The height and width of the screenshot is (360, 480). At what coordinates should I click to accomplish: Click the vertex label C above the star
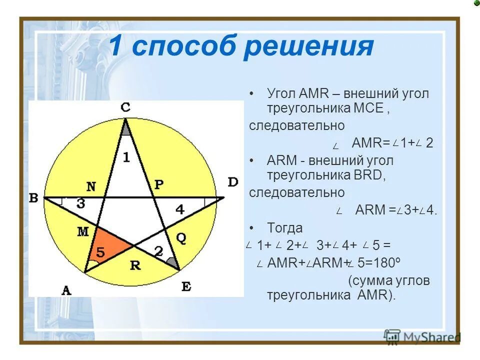coord(125,107)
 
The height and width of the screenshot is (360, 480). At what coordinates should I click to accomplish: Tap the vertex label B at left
coord(33,198)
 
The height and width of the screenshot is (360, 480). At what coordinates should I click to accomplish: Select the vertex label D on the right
coord(233,183)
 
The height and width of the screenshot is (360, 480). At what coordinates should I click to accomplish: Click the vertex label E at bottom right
coord(186,286)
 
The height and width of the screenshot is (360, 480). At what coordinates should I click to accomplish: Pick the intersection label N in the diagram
coord(91,186)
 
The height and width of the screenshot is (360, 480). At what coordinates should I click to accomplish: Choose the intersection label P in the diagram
coord(158,184)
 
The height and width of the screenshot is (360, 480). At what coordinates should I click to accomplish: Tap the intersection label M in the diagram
coord(83,231)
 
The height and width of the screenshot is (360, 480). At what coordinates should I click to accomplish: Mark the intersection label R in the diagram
coord(135,265)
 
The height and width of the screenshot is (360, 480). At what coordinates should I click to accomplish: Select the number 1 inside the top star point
coord(126,157)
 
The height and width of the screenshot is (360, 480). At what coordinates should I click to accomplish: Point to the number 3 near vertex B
coord(80,204)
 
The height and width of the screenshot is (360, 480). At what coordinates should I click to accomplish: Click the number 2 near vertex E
coord(159,252)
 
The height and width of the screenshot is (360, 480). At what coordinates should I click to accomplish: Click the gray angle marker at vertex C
coord(126,128)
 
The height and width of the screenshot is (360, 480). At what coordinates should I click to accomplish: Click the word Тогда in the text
coord(285,228)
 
